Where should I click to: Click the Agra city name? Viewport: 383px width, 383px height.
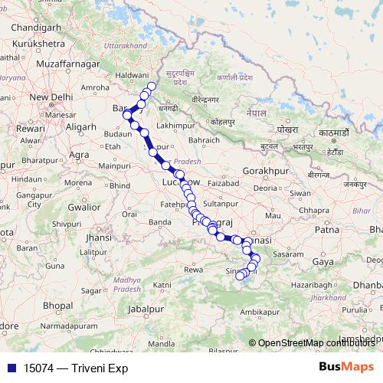pyautogui.click(x=80, y=154)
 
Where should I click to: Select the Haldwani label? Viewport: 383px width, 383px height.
pyautogui.click(x=131, y=75)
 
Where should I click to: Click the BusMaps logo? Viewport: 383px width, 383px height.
pyautogui.click(x=345, y=368)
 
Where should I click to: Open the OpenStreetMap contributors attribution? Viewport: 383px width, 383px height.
pyautogui.click(x=314, y=342)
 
